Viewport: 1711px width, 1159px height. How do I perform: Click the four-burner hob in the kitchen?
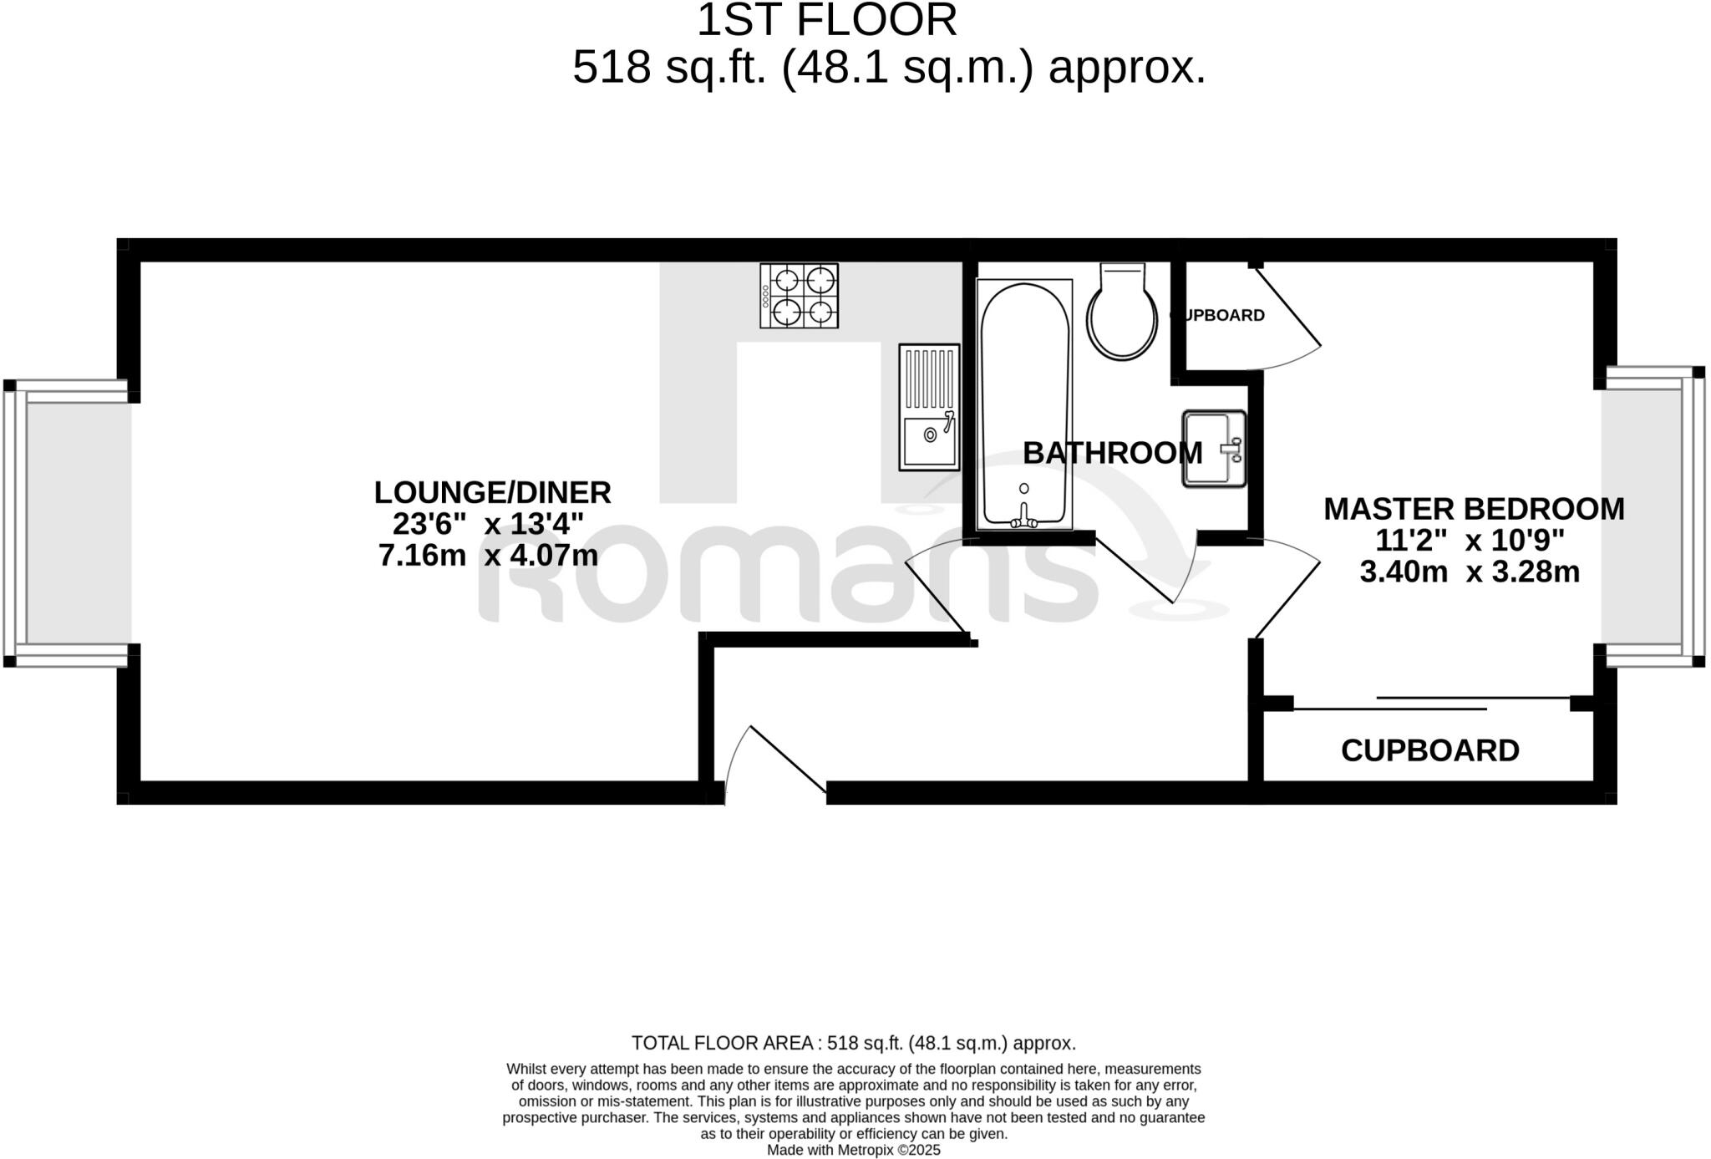799,296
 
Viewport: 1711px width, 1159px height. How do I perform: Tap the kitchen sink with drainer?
929,406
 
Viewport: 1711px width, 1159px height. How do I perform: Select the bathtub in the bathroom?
1024,404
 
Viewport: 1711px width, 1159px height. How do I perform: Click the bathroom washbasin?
1213,449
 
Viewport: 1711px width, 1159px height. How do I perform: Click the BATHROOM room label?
1112,453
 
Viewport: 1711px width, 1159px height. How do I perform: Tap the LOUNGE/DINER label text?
492,492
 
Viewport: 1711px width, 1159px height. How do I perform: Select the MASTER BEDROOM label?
1474,509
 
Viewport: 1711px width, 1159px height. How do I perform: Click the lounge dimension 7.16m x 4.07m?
488,556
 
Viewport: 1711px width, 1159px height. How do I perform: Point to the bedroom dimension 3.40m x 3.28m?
1470,572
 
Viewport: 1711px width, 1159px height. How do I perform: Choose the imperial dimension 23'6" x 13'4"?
488,525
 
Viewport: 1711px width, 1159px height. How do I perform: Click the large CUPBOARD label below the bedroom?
1429,750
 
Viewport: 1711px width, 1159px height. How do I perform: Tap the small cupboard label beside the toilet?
1218,315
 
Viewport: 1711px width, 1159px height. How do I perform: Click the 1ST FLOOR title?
826,20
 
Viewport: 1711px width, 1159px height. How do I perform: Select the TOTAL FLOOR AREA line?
853,1043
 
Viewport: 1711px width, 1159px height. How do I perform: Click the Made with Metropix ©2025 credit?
853,1150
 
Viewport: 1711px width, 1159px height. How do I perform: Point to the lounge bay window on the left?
67,522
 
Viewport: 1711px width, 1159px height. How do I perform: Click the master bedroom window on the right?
1651,516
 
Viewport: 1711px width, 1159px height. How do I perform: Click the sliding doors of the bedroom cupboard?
1432,704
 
